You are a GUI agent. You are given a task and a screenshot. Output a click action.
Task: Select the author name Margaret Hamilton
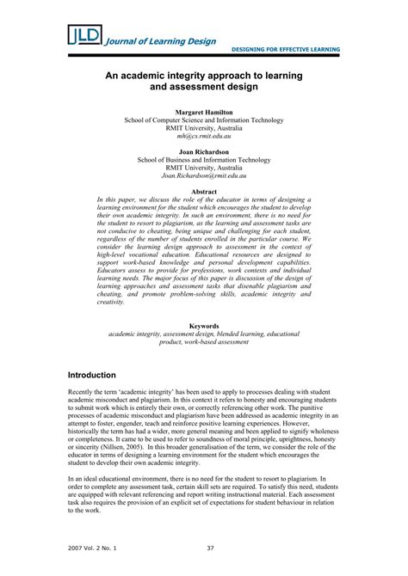click(x=203, y=113)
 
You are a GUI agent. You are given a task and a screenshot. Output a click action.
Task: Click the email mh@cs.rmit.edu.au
click(x=203, y=137)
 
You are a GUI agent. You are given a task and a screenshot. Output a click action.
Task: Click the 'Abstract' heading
click(x=203, y=191)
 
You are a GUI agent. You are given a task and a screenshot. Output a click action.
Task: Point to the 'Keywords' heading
click(x=203, y=326)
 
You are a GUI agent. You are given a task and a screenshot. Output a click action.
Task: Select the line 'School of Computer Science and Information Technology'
click(x=203, y=120)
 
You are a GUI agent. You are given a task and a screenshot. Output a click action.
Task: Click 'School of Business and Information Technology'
click(x=203, y=160)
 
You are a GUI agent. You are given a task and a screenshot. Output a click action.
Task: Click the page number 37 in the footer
click(x=210, y=547)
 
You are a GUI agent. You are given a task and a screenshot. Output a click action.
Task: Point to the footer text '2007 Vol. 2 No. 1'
click(x=94, y=547)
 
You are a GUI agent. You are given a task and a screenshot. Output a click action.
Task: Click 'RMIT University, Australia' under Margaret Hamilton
click(x=203, y=129)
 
